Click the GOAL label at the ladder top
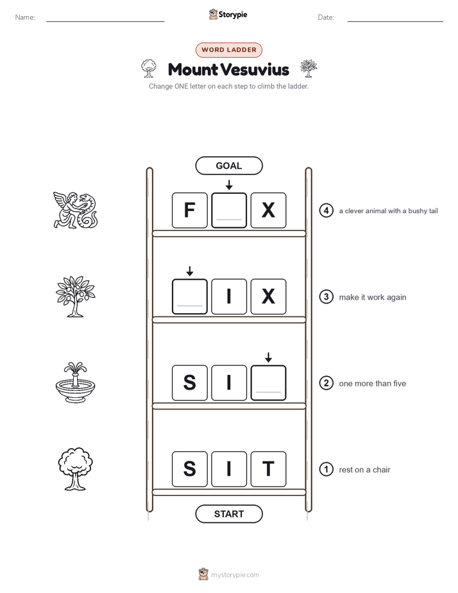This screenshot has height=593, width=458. [x=229, y=166]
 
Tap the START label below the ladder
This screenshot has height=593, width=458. [x=229, y=514]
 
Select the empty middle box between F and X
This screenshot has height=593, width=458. [x=229, y=211]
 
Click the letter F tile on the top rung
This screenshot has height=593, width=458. [x=190, y=211]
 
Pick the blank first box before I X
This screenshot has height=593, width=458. [x=190, y=296]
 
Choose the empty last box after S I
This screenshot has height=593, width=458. [x=268, y=382]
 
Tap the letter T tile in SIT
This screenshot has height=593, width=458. [x=268, y=469]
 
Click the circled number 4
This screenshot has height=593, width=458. [x=326, y=211]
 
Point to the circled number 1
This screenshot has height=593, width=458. [x=326, y=469]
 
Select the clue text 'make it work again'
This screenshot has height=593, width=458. [x=373, y=297]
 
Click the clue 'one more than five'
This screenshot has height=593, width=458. [x=373, y=384]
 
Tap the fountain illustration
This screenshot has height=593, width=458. [x=76, y=382]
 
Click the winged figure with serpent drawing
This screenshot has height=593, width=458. [x=76, y=210]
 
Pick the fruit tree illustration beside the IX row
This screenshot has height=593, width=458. [x=76, y=296]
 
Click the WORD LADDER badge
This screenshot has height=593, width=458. [x=229, y=50]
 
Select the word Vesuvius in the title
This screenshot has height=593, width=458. [x=255, y=69]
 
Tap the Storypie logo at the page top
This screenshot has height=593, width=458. [x=228, y=14]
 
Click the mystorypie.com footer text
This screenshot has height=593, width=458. [x=235, y=575]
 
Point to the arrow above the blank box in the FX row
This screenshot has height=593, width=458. [x=229, y=185]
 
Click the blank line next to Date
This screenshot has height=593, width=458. [x=395, y=21]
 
